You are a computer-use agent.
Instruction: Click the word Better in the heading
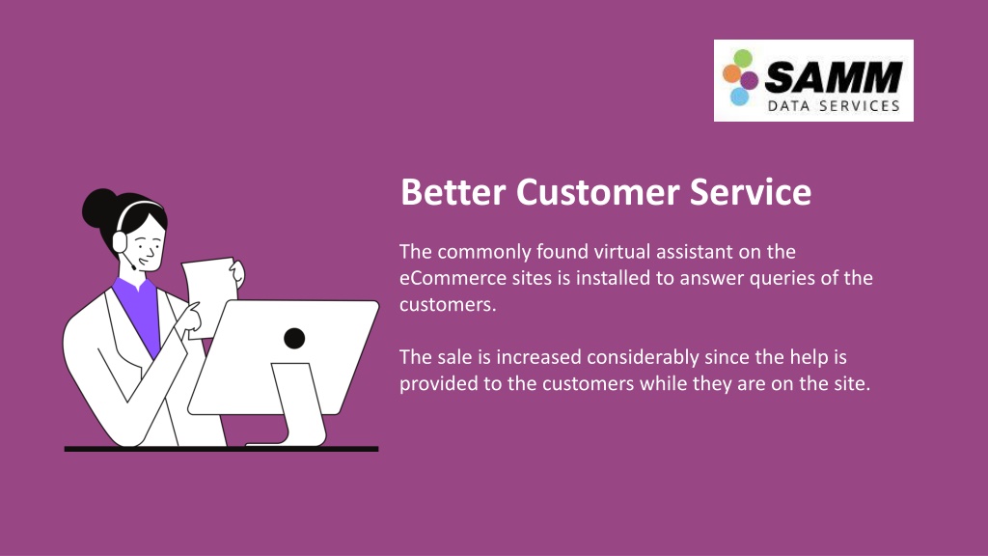pos(453,192)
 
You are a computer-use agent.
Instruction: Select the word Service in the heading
pos(751,192)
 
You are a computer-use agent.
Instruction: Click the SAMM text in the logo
pos(833,77)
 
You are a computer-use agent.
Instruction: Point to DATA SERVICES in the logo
pos(833,106)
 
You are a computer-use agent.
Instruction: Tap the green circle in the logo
pos(744,59)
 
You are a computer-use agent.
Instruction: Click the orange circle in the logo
pos(731,73)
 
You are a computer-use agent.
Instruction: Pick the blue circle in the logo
pos(739,97)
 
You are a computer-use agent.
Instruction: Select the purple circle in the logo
pos(749,81)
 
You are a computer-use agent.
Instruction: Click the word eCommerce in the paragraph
pos(453,278)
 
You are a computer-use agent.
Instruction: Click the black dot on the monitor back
pos(294,339)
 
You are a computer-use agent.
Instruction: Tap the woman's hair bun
pos(98,208)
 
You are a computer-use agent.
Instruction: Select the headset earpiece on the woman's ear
pos(120,242)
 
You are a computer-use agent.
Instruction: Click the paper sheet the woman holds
pos(209,296)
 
